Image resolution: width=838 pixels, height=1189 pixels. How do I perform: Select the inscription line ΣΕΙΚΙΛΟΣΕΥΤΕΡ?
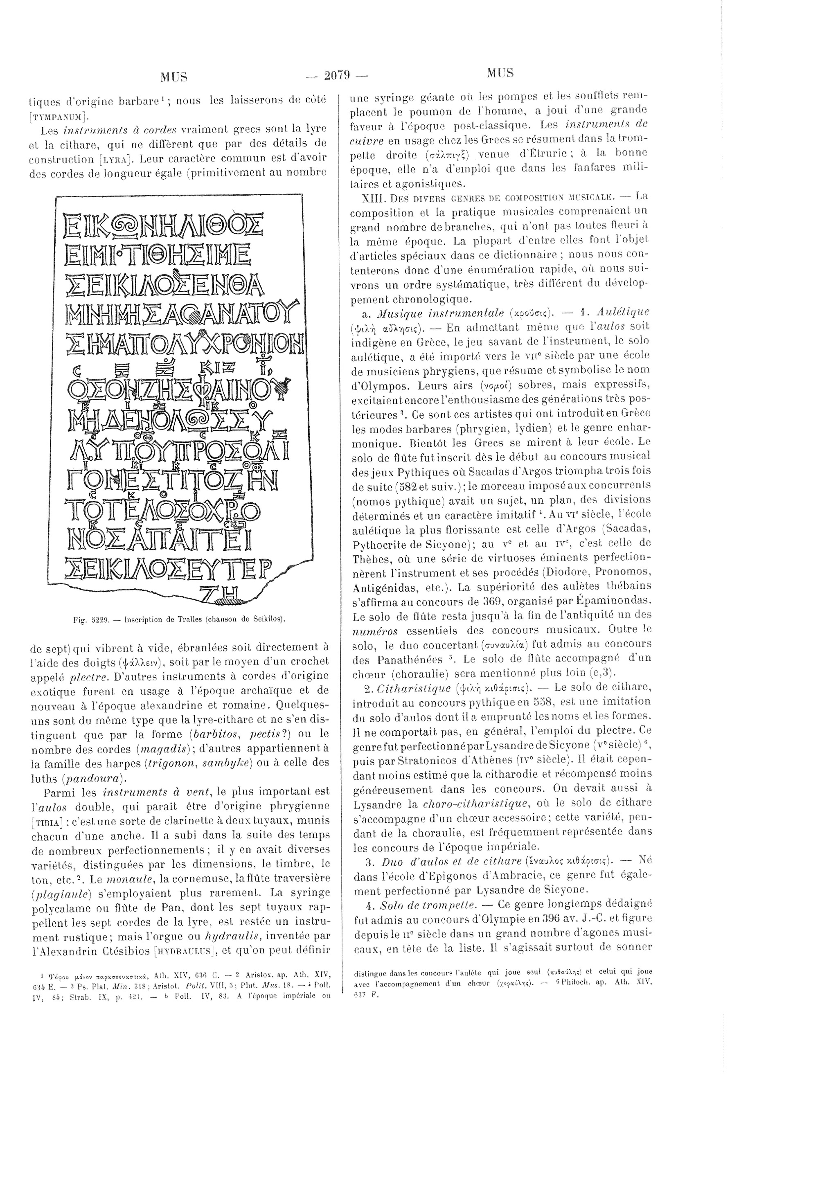tap(165, 569)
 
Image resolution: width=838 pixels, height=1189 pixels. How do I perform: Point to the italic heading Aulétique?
tap(622, 312)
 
